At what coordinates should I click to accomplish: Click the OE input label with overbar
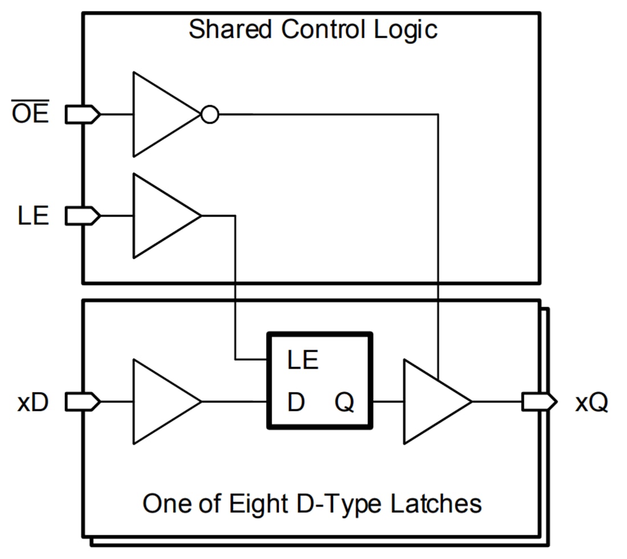(30, 115)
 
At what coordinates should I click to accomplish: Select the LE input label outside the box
(33, 217)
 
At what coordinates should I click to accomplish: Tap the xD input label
(33, 403)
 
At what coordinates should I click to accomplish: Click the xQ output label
(591, 403)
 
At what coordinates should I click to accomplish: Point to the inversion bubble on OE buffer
(210, 115)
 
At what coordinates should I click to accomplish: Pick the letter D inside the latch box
(296, 403)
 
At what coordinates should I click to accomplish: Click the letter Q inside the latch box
(344, 403)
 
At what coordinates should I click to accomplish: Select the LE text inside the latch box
(303, 360)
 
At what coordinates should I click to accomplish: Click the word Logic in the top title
(405, 30)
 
